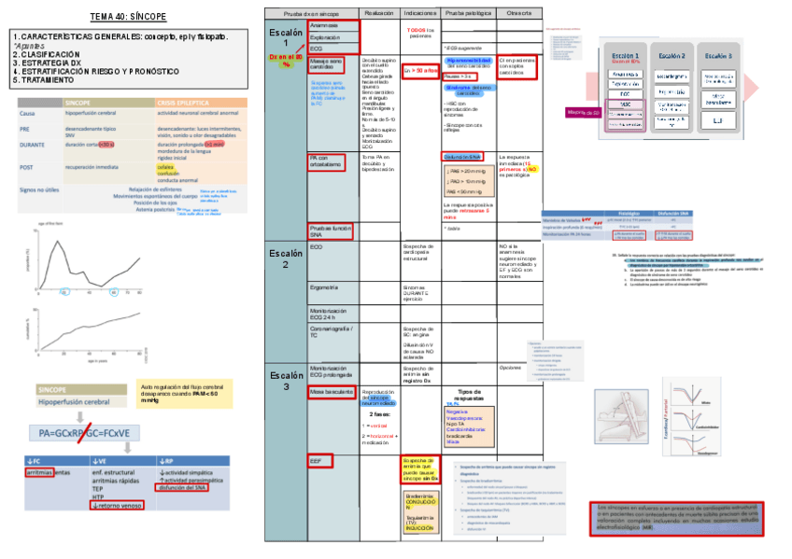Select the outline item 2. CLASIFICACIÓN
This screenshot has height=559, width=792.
pyautogui.click(x=47, y=54)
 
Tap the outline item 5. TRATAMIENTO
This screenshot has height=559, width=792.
pyautogui.click(x=47, y=80)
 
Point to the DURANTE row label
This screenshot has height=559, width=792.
pyautogui.click(x=31, y=145)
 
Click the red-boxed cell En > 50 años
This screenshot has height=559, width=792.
pyautogui.click(x=420, y=71)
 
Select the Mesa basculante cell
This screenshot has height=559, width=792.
pyautogui.click(x=330, y=393)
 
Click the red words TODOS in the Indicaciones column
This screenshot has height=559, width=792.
pyautogui.click(x=417, y=30)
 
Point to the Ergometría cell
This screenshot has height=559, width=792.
pyautogui.click(x=323, y=287)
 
